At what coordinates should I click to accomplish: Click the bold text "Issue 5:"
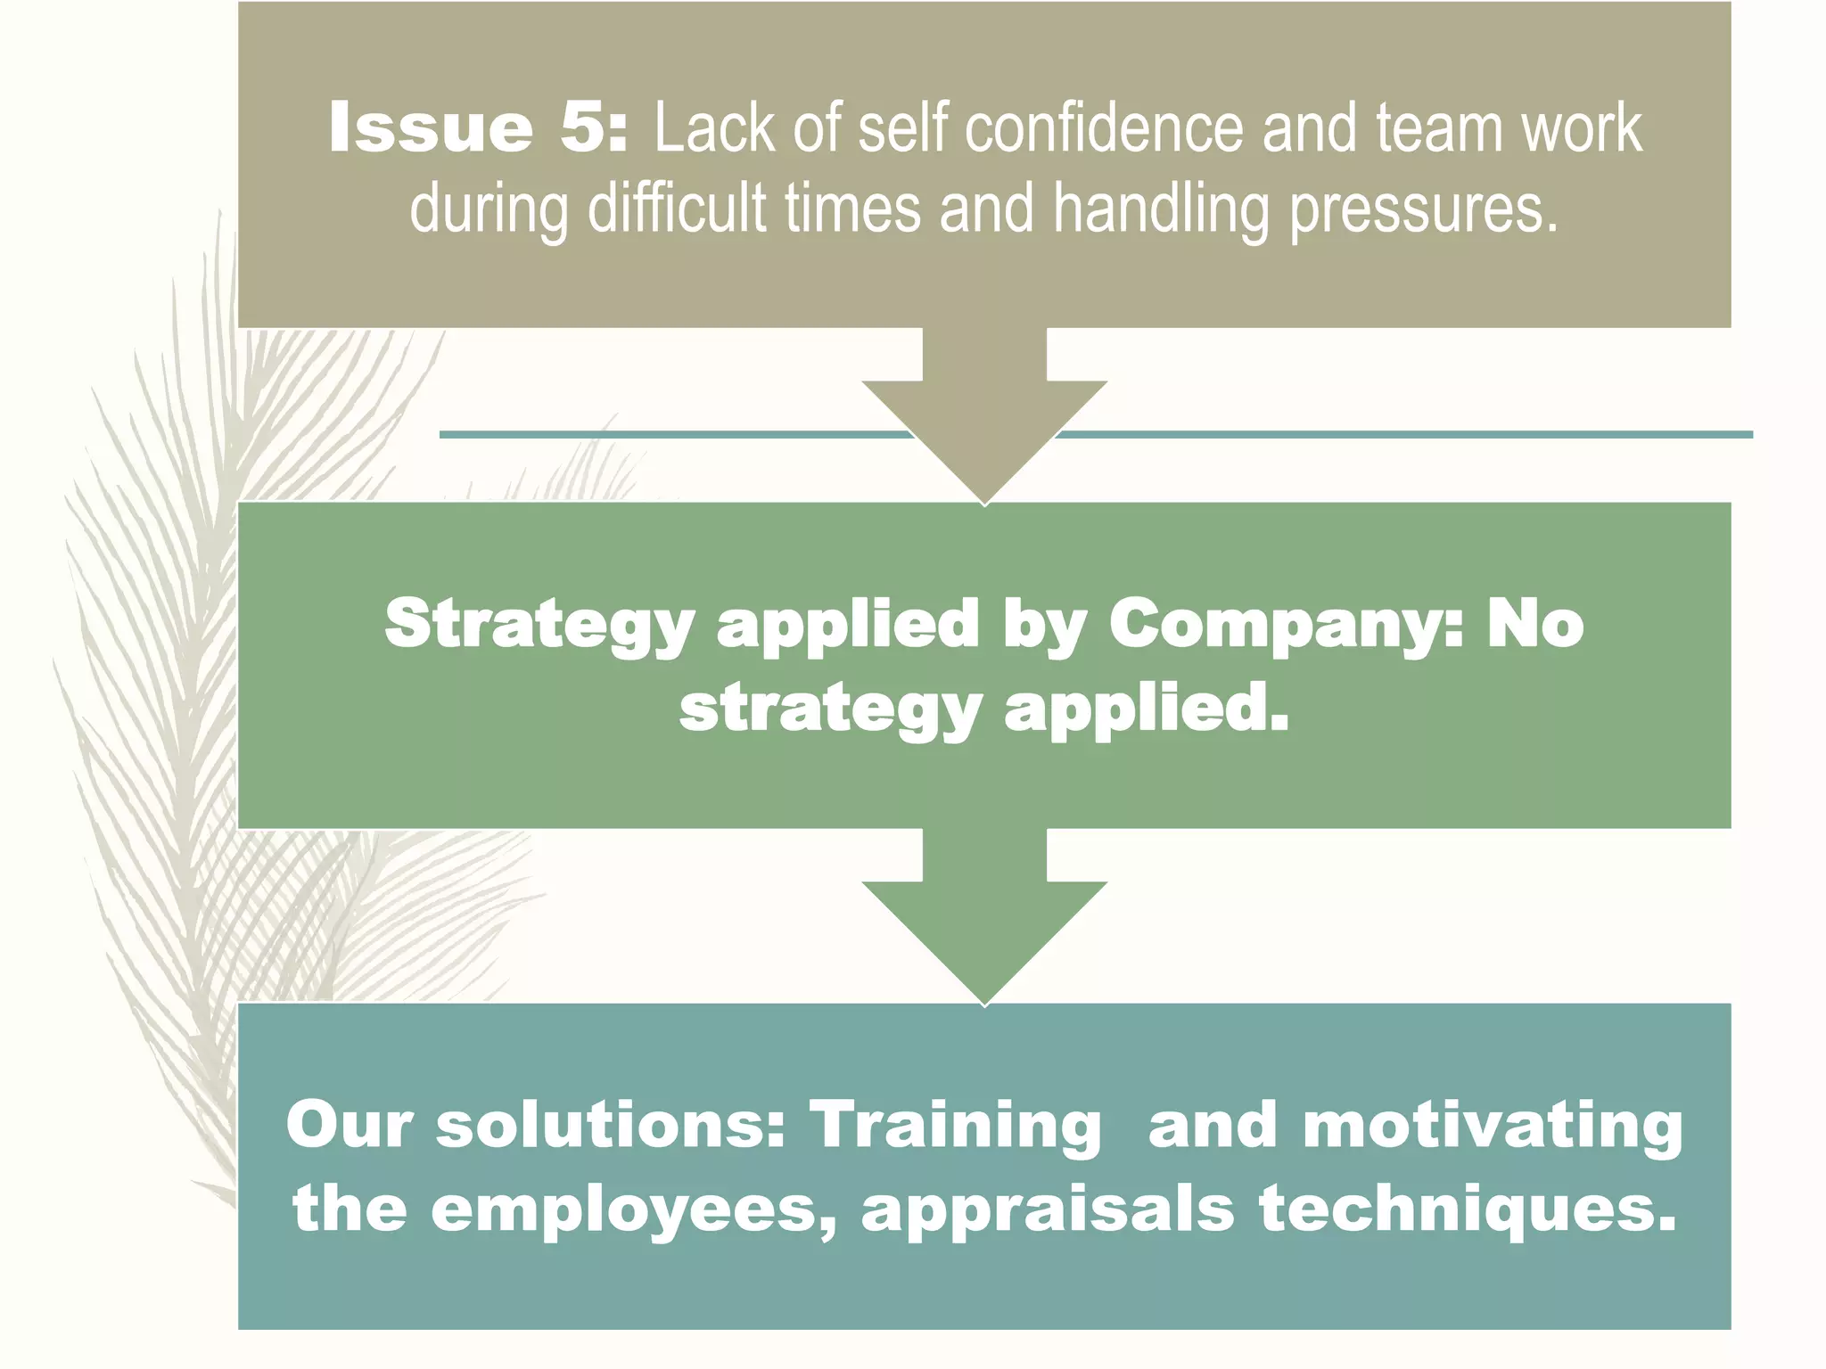477,128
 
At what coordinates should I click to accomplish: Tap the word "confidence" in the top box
1103,128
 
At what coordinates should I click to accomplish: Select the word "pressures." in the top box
1424,209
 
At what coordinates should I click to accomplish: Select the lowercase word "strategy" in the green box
830,710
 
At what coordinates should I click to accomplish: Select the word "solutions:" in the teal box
610,1125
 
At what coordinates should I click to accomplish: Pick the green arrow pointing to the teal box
984,918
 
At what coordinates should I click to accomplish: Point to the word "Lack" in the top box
714,128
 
